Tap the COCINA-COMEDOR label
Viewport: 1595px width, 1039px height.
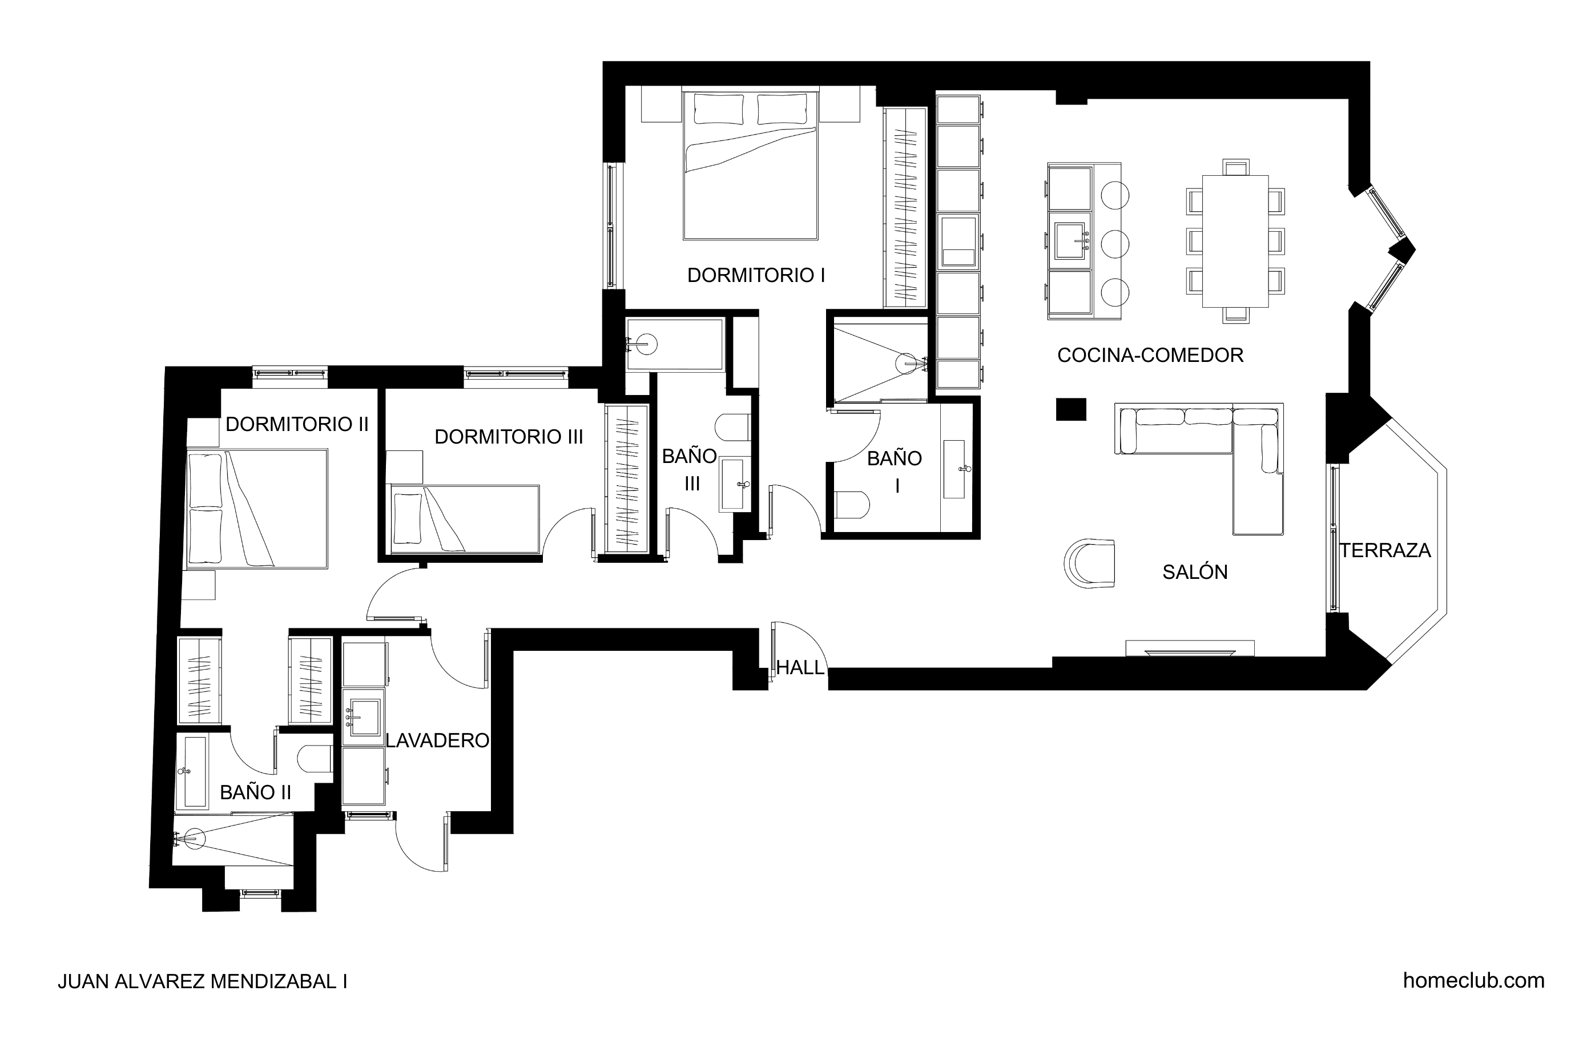1150,355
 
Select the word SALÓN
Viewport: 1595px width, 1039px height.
1195,572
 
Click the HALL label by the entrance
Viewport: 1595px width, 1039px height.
800,667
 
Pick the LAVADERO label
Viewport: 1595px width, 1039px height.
438,740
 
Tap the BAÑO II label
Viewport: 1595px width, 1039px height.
255,792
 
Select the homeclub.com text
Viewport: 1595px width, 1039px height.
1474,980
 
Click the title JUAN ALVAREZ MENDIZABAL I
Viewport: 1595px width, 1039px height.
203,981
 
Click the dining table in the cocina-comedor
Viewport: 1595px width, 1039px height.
1235,241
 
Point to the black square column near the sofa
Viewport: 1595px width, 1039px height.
1071,409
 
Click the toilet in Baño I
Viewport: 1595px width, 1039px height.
852,505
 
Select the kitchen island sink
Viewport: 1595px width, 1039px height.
1070,241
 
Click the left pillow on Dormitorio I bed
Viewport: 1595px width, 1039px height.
718,109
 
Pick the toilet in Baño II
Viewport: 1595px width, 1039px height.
315,759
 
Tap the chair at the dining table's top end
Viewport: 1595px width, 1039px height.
1236,167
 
